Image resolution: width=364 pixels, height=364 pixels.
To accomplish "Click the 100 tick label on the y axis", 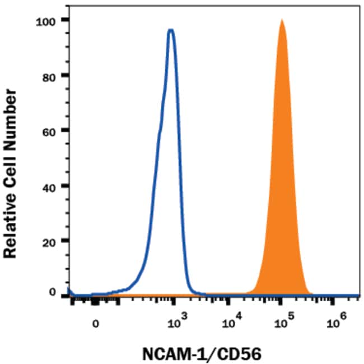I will click(x=45, y=20).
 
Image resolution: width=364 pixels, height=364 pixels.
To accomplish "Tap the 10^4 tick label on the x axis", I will click(x=231, y=321).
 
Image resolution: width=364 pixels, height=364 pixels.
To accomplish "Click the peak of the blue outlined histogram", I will click(x=171, y=30).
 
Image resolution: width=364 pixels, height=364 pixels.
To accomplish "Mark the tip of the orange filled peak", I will click(x=281, y=21).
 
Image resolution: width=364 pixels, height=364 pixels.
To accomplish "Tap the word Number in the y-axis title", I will click(x=13, y=99).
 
